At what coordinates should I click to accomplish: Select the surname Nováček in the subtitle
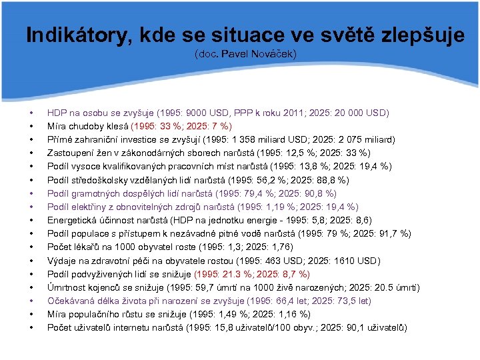[273, 53]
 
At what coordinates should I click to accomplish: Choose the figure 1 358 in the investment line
[247, 139]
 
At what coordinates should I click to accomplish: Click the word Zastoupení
[70, 153]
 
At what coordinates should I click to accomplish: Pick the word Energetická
[72, 220]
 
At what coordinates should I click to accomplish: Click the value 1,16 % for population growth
[291, 314]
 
